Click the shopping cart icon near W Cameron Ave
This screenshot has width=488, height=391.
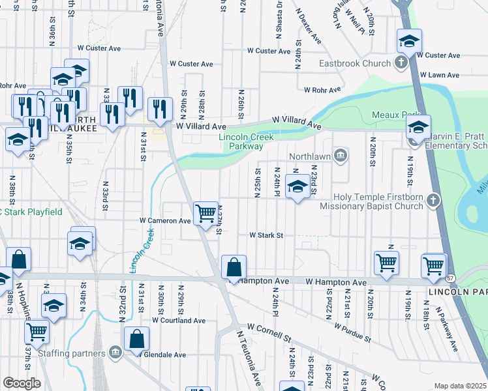[206, 213]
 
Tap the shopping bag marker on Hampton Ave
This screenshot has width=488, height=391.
[234, 267]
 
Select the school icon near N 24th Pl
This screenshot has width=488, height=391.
[297, 187]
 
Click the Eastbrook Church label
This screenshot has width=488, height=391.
[355, 64]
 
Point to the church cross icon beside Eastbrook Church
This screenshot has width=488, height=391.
[401, 63]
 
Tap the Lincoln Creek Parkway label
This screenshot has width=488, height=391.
[245, 142]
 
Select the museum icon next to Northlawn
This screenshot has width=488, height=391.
[340, 155]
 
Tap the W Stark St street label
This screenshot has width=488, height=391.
[266, 235]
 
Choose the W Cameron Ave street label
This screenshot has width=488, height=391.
[164, 221]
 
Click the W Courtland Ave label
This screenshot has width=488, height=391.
[179, 321]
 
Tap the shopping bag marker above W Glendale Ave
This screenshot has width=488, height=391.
[137, 339]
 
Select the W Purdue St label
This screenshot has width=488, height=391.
[352, 331]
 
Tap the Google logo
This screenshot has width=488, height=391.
[22, 383]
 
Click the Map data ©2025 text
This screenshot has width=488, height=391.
[460, 386]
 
